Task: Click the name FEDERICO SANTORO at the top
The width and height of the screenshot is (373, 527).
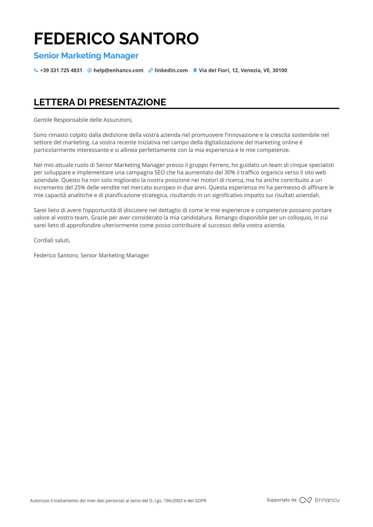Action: (x=116, y=39)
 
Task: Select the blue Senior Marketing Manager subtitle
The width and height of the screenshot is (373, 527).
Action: (x=86, y=56)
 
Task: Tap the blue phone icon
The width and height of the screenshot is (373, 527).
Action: (x=36, y=70)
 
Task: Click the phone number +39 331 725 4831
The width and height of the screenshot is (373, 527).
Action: (x=61, y=70)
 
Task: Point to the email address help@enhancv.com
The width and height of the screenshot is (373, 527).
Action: (x=118, y=70)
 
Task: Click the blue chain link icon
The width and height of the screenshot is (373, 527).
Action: (x=151, y=70)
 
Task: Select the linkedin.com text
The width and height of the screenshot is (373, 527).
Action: (x=171, y=70)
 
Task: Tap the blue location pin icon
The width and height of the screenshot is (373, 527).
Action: (x=195, y=70)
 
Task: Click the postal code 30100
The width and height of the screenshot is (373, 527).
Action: (x=280, y=70)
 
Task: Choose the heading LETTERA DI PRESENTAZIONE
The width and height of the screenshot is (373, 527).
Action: (x=100, y=102)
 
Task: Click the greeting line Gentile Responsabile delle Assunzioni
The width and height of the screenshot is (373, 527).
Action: (x=83, y=120)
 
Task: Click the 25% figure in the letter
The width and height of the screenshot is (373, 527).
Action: (x=80, y=188)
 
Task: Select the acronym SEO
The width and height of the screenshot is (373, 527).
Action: (x=160, y=172)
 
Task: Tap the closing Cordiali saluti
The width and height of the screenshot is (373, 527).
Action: (x=52, y=240)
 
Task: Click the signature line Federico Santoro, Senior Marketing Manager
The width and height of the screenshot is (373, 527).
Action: (x=91, y=255)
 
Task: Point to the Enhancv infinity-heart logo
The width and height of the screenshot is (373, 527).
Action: (x=305, y=500)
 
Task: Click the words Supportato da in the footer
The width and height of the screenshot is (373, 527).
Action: (x=281, y=500)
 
